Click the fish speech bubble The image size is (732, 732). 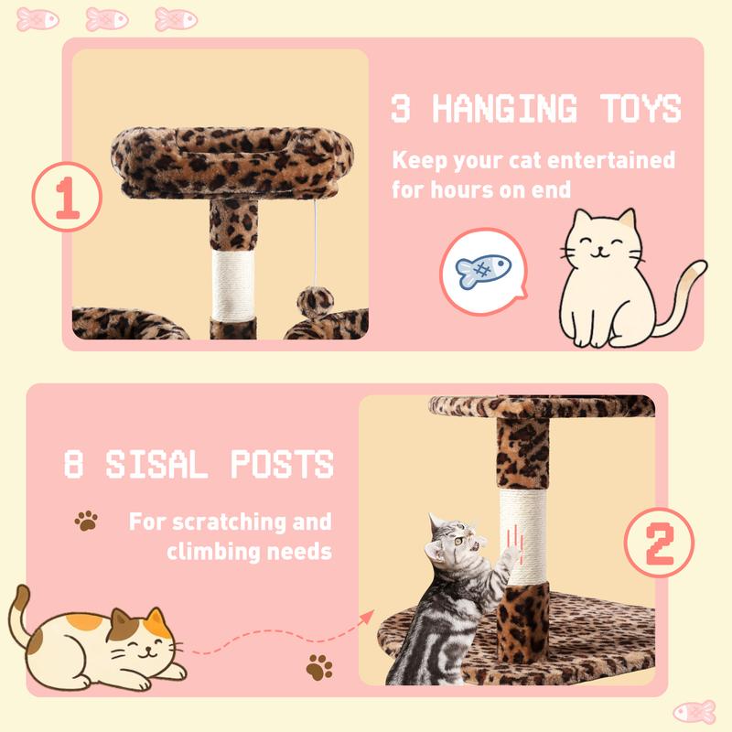pyautogui.click(x=481, y=269)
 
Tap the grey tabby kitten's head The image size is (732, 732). pyautogui.click(x=455, y=543)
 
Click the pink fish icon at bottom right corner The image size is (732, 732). pyautogui.click(x=694, y=711)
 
